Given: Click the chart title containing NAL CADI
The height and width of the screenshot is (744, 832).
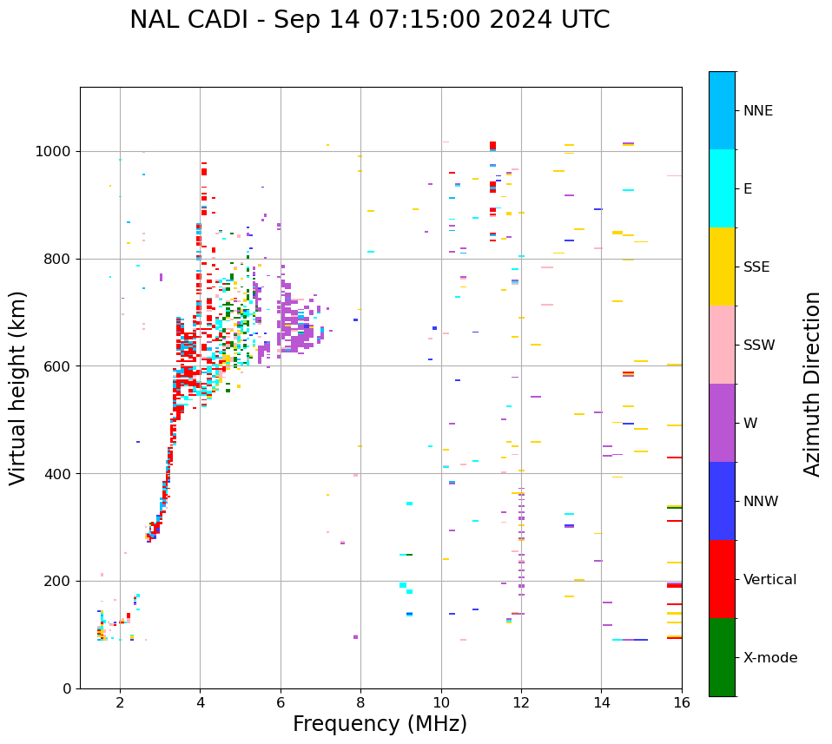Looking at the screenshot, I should click(369, 20).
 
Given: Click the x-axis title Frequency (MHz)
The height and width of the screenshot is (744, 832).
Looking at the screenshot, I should click(380, 724).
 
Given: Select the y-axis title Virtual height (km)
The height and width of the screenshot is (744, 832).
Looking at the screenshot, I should click(18, 387).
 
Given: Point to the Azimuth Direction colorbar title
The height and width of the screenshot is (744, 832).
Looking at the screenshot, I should click(812, 383).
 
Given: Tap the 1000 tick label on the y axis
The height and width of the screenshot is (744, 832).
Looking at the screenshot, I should click(54, 151).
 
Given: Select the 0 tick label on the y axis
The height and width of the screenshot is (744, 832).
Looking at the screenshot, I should click(67, 688).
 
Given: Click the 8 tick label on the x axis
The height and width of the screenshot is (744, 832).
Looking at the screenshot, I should click(360, 701).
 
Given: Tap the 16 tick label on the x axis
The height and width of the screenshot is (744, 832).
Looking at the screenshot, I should click(682, 701).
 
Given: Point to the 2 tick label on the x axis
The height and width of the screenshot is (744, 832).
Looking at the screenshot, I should click(120, 701).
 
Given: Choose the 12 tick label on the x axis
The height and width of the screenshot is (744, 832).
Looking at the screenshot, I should click(521, 701).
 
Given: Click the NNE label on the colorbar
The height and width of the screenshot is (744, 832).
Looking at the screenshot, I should click(757, 110).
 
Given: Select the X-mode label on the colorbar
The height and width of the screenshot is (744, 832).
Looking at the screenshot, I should click(769, 657).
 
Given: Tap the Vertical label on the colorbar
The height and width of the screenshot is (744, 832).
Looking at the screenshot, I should click(769, 579).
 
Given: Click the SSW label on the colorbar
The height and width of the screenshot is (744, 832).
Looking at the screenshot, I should click(759, 345).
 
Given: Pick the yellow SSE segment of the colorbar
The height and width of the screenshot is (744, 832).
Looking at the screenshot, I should click(722, 267).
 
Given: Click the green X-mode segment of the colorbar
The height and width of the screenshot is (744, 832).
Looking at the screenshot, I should click(722, 657).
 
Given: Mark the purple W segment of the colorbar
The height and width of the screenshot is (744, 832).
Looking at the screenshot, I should click(722, 423).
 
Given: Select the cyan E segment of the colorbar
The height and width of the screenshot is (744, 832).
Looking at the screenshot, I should click(722, 188).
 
